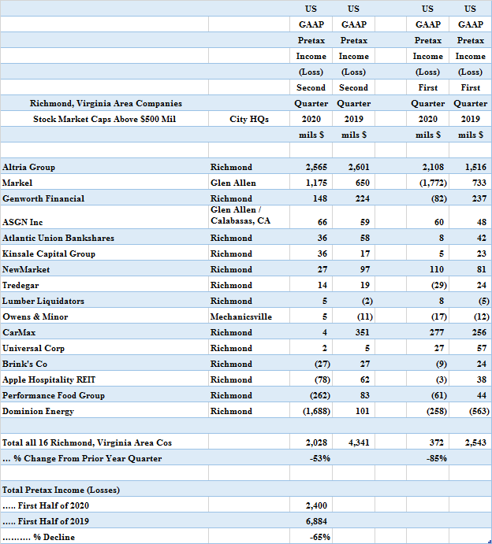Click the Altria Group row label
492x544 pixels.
29,167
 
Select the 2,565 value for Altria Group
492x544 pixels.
316,167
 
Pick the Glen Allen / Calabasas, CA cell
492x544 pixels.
240,216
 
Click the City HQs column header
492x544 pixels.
249,119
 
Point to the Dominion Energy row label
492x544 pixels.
38,411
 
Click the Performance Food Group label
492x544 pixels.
54,395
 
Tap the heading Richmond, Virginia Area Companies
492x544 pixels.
106,103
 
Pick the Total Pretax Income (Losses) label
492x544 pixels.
61,490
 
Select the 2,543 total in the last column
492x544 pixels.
473,442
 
